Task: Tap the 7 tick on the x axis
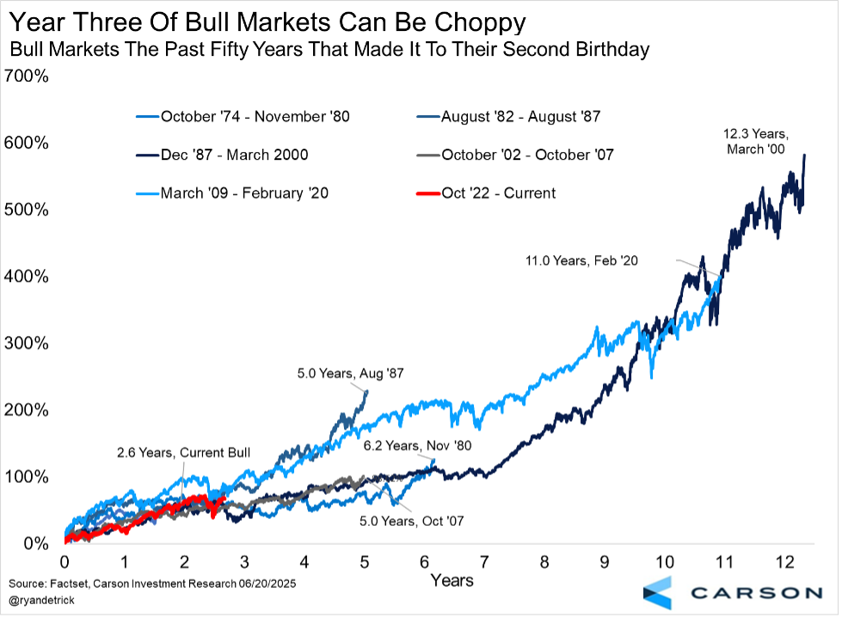(484, 562)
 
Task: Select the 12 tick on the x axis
(784, 562)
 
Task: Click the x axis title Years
(452, 580)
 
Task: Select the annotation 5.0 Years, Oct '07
(411, 521)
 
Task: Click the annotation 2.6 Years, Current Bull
(171, 452)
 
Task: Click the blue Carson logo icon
(659, 592)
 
